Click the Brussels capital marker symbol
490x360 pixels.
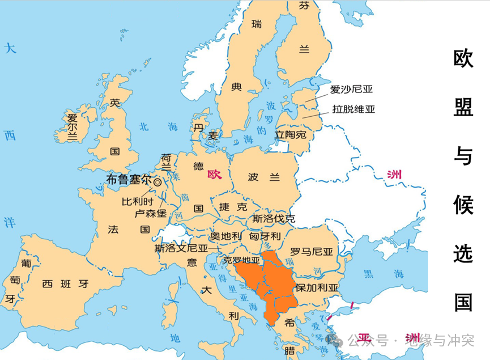(x=157, y=182)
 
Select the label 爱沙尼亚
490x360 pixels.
(x=352, y=89)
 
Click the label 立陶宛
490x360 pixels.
(x=290, y=135)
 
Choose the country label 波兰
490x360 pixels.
(x=264, y=177)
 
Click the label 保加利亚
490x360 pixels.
(x=316, y=287)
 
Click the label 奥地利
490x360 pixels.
(x=226, y=236)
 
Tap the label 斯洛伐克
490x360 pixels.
(x=274, y=218)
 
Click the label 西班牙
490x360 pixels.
(x=66, y=283)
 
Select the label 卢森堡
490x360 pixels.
(x=150, y=214)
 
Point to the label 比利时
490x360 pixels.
(x=138, y=201)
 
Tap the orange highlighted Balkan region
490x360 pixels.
(x=266, y=283)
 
